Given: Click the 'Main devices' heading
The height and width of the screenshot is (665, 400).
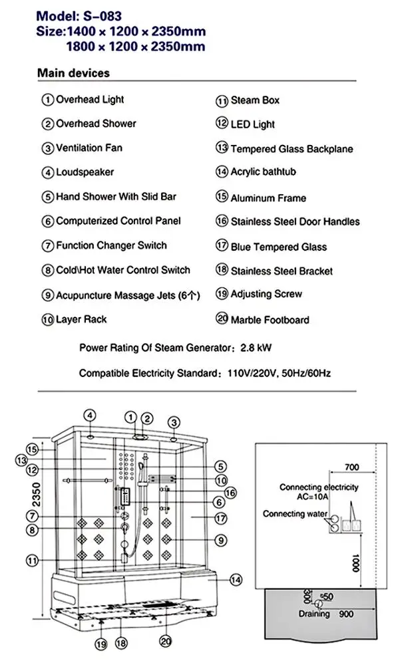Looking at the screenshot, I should coord(73,72).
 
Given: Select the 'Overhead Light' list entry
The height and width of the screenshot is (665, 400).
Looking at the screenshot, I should coord(90,100).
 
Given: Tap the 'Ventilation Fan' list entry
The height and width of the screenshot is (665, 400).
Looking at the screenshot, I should coord(89,148).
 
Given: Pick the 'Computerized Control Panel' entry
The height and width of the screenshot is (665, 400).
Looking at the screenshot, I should coord(118,221).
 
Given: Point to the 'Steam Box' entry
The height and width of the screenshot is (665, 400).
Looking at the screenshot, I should coord(255,100).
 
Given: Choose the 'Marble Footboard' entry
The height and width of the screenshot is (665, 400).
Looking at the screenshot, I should coord(270,320).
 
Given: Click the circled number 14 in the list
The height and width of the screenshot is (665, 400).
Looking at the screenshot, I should coord(222,172).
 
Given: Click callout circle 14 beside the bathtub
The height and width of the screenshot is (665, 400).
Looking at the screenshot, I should coord(235,579).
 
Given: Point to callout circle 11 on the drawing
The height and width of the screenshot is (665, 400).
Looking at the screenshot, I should coord(32,560).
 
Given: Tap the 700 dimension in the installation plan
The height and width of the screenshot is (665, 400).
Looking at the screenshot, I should coord(352,467).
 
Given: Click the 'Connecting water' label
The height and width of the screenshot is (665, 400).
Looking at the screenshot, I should coord(295,514).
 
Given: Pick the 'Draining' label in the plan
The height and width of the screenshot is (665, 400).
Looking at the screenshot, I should coord(314,614).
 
